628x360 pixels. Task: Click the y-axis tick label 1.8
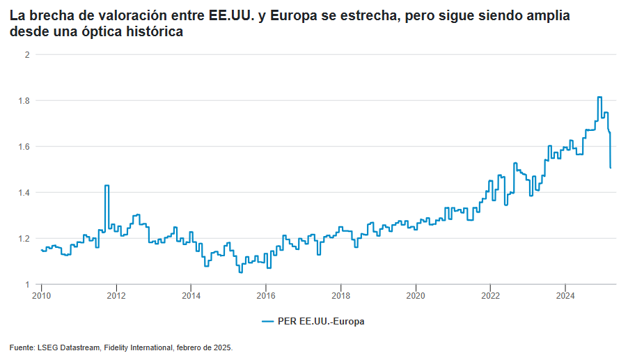(x=23, y=101)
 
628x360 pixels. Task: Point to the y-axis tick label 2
(x=26, y=54)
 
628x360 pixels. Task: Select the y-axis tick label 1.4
(x=23, y=193)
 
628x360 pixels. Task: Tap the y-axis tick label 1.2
(x=23, y=239)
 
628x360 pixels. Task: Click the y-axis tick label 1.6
(x=23, y=147)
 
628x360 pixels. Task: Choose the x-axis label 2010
(x=42, y=295)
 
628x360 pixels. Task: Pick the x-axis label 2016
(x=265, y=295)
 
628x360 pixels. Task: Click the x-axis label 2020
(x=415, y=295)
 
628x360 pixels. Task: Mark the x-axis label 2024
(x=565, y=295)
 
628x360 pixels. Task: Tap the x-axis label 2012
(x=116, y=295)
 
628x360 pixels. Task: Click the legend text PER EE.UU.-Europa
(x=321, y=322)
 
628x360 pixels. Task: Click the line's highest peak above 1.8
(x=599, y=97)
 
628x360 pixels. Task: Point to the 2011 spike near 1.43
(x=107, y=186)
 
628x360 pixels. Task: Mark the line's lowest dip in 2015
(x=241, y=272)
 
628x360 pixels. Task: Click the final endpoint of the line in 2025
(x=611, y=167)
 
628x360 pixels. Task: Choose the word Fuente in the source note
(x=21, y=347)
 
